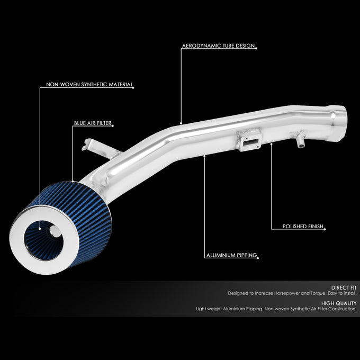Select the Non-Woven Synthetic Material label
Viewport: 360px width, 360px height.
point(89,84)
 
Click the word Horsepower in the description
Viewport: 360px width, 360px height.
point(286,293)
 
